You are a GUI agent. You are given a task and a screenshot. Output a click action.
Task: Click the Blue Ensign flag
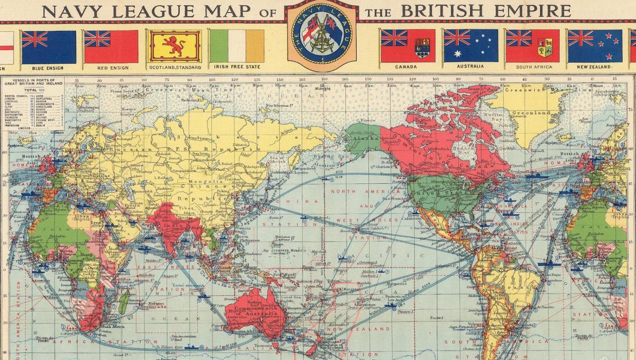click(48, 47)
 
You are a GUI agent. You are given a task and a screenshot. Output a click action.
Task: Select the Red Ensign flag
click(111, 47)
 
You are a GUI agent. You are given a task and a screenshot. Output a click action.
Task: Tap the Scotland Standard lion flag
click(175, 46)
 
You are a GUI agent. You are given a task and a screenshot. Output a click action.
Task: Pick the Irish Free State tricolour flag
click(237, 46)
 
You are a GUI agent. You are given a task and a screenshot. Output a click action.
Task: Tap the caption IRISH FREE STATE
click(237, 67)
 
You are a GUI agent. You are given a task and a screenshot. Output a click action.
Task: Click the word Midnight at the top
click(323, 89)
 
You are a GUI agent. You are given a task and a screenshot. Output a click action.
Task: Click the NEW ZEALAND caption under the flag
click(594, 67)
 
